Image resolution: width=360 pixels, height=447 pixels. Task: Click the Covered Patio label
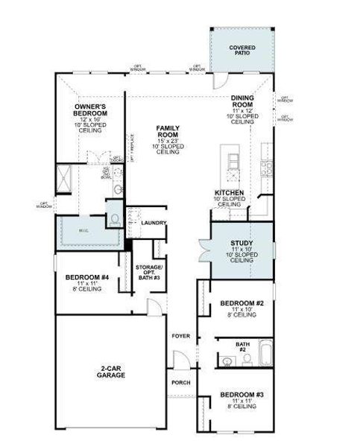coord(242,50)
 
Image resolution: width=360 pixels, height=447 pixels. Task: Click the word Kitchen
coord(230,192)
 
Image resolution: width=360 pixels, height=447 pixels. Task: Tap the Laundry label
coord(153,223)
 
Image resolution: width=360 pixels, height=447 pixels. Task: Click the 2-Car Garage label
coord(110,372)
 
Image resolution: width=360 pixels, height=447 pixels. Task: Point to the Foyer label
coord(180,336)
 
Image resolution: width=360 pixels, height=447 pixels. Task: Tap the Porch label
coord(180,383)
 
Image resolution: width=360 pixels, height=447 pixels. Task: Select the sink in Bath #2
coord(226,362)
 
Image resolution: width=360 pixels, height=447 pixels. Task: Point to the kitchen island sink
coord(233,159)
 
